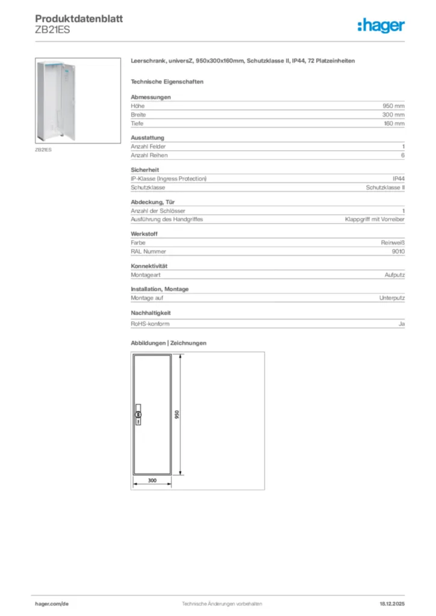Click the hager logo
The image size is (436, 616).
(381, 25)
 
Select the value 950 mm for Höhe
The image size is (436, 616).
(394, 106)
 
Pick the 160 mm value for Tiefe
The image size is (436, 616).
(394, 123)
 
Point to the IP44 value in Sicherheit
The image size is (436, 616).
(398, 179)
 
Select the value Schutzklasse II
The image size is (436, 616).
(385, 188)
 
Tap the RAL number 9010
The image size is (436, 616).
(397, 251)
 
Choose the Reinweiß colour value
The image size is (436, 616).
(392, 243)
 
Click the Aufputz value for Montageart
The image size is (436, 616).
(394, 274)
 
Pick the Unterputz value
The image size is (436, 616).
(391, 298)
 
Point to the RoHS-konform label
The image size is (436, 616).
(150, 324)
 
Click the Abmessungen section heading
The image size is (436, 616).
(151, 97)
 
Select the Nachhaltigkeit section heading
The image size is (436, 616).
(152, 313)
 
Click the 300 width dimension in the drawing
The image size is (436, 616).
(152, 480)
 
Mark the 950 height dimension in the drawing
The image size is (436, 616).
(177, 416)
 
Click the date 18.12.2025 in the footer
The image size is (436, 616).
(392, 603)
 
